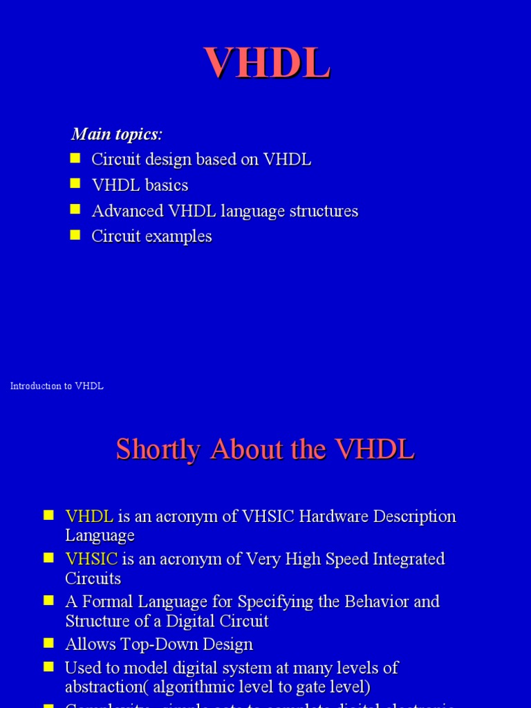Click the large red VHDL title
(266, 64)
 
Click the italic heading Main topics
(116, 133)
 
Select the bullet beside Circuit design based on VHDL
(76, 158)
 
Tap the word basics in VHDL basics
(166, 185)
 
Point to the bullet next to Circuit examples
(76, 235)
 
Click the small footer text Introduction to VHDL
(57, 386)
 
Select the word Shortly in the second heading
(158, 449)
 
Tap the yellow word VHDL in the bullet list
(89, 516)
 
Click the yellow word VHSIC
(91, 559)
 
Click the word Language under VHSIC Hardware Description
(100, 536)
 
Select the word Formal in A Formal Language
(106, 602)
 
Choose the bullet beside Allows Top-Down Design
(48, 644)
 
